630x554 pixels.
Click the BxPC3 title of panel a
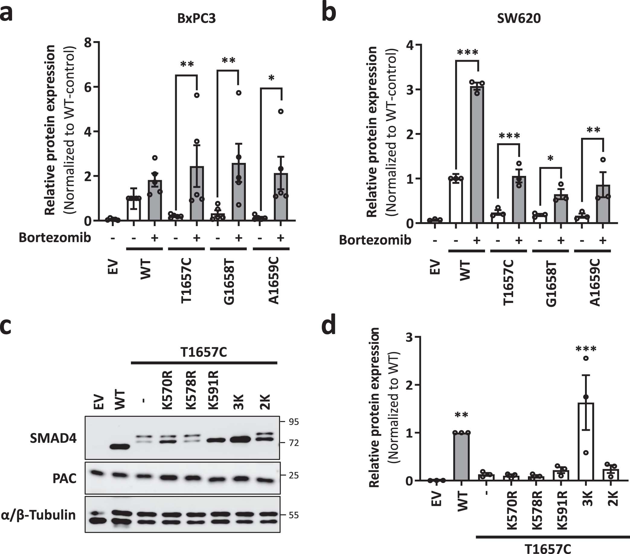pyautogui.click(x=196, y=18)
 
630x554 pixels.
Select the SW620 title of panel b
pyautogui.click(x=519, y=18)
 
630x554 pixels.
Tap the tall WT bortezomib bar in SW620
pyautogui.click(x=477, y=154)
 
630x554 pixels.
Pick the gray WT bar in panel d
pyautogui.click(x=461, y=456)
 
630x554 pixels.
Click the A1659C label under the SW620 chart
pyautogui.click(x=596, y=283)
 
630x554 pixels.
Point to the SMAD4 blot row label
pyautogui.click(x=53, y=438)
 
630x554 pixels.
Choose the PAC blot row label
pyautogui.click(x=64, y=478)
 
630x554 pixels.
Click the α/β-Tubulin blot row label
pyautogui.click(x=38, y=515)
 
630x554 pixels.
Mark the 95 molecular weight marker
pyautogui.click(x=294, y=422)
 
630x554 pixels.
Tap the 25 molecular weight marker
pyautogui.click(x=294, y=475)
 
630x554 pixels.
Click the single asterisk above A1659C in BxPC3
pyautogui.click(x=271, y=78)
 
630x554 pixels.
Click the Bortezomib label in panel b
pyautogui.click(x=375, y=240)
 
